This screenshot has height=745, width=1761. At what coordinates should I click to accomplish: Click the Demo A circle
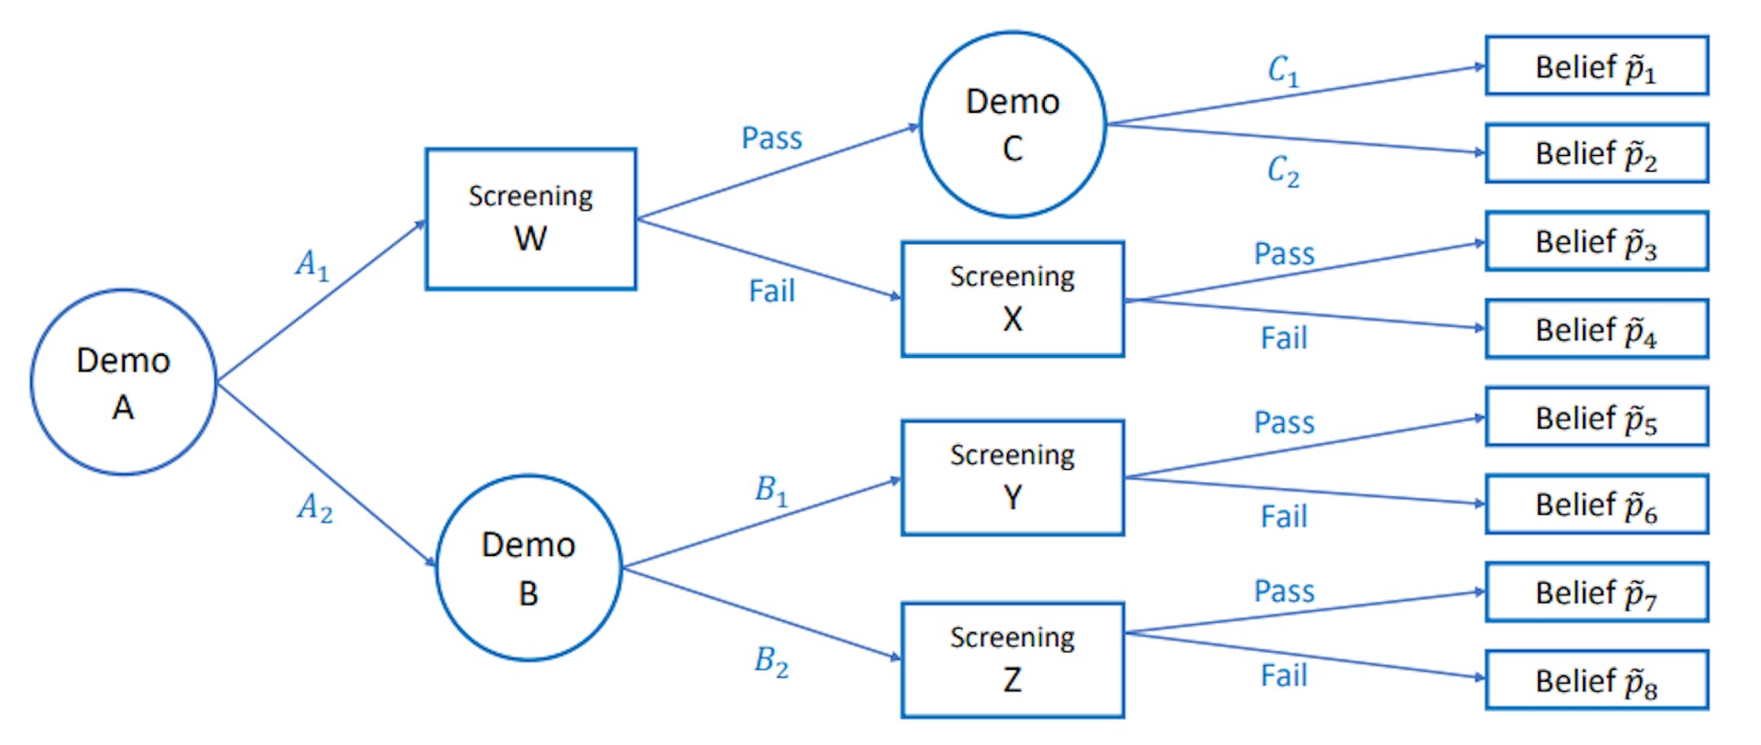click(x=123, y=383)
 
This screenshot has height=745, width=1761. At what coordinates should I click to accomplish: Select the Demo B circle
click(x=528, y=568)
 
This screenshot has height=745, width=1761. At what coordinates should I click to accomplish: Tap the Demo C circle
click(x=1013, y=125)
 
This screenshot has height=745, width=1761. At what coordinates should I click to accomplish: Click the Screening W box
click(x=530, y=219)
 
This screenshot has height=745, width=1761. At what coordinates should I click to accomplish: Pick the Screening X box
click(x=1013, y=299)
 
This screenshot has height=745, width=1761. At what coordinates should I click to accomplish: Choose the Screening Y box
click(x=1013, y=477)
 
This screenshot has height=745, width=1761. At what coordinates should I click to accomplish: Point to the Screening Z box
click(x=1013, y=660)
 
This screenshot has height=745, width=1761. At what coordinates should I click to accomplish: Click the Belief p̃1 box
click(x=1596, y=66)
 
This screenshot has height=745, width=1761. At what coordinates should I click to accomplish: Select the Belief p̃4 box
click(x=1596, y=329)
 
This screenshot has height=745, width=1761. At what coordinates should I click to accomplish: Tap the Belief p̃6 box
click(x=1596, y=505)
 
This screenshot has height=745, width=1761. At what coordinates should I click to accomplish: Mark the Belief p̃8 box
click(x=1596, y=680)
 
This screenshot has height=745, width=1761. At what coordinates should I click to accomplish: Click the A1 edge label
click(x=312, y=265)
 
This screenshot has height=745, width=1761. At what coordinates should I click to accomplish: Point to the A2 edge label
click(x=315, y=507)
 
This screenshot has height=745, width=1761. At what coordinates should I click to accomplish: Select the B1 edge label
click(x=771, y=491)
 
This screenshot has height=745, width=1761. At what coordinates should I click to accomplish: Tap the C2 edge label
click(x=1283, y=171)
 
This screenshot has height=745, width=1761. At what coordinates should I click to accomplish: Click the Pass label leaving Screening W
click(x=771, y=139)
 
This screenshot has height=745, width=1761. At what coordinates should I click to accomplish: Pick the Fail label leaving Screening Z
click(x=1283, y=676)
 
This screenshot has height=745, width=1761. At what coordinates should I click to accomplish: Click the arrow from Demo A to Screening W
click(x=321, y=300)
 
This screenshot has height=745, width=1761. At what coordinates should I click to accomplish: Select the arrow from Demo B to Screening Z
click(x=761, y=613)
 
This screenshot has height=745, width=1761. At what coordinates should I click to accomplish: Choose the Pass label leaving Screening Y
click(x=1284, y=423)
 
